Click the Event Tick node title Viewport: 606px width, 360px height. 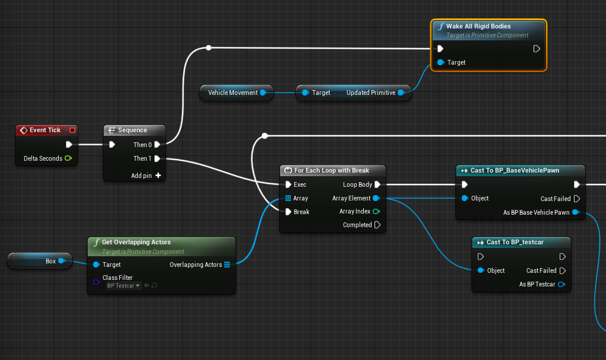tap(45, 130)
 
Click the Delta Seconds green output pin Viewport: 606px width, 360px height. tap(68, 158)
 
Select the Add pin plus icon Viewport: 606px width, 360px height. tap(158, 176)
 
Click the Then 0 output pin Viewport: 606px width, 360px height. tap(157, 145)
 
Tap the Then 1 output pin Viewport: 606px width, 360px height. tap(157, 158)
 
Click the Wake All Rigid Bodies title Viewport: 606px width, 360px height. tap(478, 27)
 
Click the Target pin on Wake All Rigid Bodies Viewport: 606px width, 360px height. tap(440, 62)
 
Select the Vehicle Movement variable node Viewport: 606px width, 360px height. tap(233, 93)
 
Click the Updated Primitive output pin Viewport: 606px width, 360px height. tap(401, 93)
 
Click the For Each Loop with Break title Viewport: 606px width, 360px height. tap(331, 170)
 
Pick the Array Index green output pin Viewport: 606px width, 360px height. tap(376, 211)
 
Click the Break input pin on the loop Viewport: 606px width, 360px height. tap(288, 212)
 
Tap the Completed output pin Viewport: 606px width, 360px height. tap(377, 225)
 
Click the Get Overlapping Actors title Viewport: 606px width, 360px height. tap(136, 242)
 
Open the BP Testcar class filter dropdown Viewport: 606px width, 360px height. tap(123, 286)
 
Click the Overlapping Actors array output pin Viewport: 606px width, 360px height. tap(227, 265)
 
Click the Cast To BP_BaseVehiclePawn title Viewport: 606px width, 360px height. tap(515, 170)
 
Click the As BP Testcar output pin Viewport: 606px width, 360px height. tap(561, 284)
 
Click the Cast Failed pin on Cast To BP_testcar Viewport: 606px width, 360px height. tap(561, 270)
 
